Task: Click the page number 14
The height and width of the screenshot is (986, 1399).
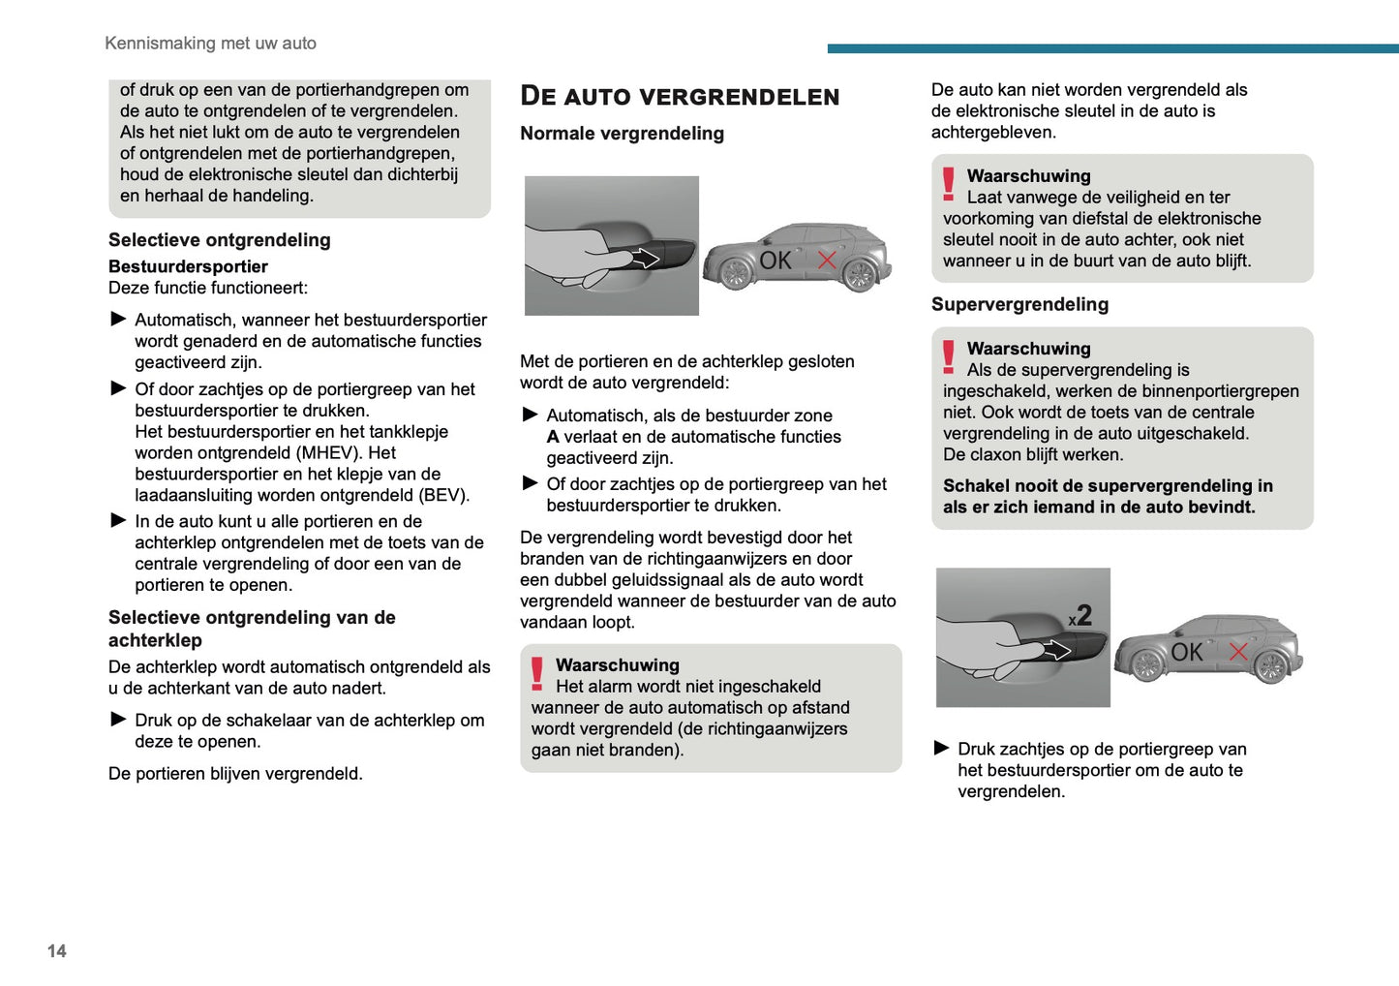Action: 57,951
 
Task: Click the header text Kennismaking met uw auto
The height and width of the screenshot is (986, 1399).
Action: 210,44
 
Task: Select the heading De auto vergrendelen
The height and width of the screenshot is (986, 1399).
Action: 680,96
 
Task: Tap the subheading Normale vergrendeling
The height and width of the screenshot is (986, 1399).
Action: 622,134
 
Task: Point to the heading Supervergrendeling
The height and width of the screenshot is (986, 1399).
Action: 1019,304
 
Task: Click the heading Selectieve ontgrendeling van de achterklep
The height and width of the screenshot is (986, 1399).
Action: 252,629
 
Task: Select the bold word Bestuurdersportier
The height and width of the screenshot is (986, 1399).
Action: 188,266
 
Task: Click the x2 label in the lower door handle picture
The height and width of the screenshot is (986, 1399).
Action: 1080,616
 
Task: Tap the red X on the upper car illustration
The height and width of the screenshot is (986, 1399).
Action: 827,260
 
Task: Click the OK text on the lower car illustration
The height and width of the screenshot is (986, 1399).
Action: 1186,652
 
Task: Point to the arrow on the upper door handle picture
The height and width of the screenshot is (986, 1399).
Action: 644,259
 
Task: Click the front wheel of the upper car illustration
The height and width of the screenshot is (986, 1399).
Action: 735,274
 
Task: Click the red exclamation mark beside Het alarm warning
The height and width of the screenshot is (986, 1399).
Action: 537,673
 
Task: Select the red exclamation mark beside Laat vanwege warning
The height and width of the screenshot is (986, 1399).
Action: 949,184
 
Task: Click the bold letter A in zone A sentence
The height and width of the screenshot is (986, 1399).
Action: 553,437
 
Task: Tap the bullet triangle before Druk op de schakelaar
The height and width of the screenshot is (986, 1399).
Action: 118,719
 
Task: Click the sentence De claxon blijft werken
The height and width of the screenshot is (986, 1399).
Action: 1033,454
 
